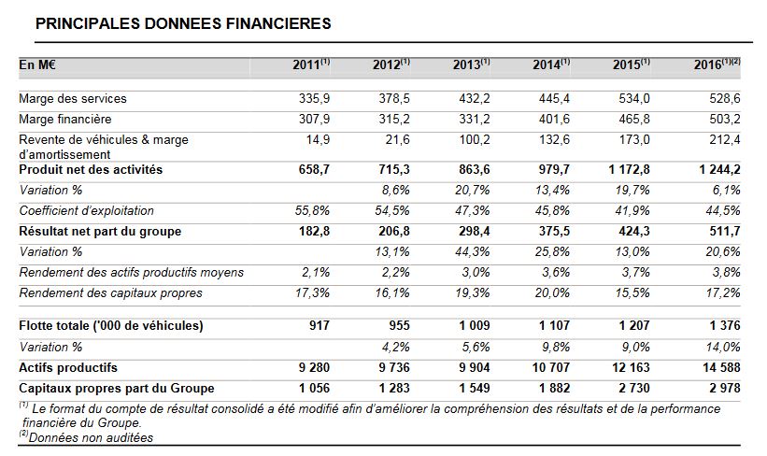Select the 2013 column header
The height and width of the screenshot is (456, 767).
point(471,64)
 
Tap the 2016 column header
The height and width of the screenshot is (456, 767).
point(717,64)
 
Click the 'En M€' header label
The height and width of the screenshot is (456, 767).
point(37,64)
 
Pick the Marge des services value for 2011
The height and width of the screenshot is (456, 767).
point(314,98)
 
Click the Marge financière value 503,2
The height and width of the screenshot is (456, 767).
point(725,119)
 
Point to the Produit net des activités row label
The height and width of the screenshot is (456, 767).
point(91,170)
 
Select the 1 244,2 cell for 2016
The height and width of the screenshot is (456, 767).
point(719,170)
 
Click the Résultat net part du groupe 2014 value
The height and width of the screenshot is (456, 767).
point(554,231)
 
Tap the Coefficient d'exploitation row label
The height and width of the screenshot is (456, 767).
point(86,211)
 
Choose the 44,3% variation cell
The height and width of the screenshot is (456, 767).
point(472,252)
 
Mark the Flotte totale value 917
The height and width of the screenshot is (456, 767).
point(320,325)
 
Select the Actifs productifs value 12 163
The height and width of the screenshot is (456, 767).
point(631,367)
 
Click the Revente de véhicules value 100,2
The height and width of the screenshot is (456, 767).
point(475,139)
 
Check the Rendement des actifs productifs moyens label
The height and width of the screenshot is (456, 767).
point(131,273)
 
